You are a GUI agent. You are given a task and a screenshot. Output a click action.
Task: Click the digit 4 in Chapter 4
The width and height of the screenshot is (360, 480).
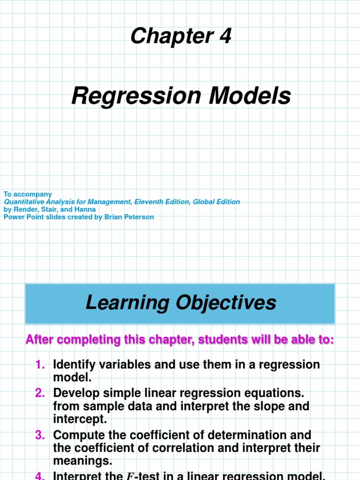click(225, 36)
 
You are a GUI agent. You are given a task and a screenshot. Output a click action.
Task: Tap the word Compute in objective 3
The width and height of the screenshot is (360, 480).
click(77, 435)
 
